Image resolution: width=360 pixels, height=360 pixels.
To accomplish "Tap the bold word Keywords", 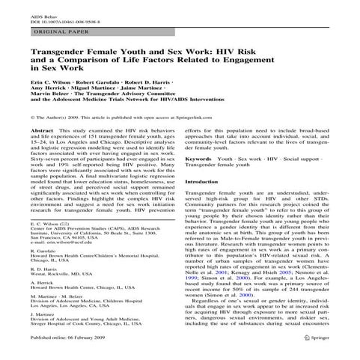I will (x=198, y=159).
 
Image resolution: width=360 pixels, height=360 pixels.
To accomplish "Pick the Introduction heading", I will (x=205, y=182).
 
